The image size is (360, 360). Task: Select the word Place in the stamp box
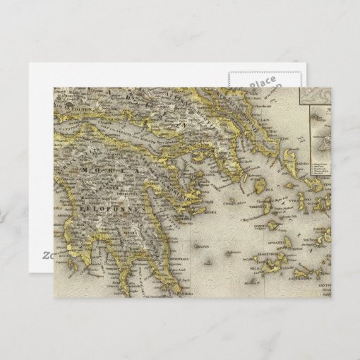[263, 84]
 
